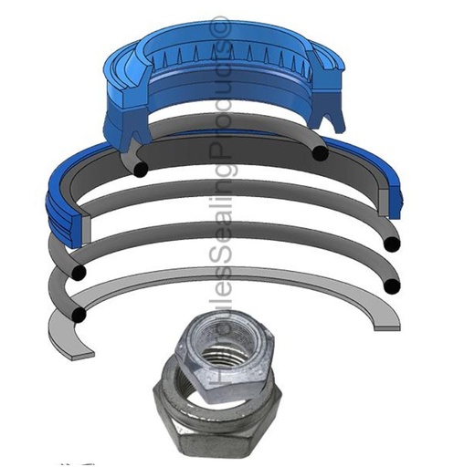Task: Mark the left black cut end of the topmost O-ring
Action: click(140, 169)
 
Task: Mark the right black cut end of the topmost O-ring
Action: click(319, 152)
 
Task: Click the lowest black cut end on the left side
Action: click(80, 316)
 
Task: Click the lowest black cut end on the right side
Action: click(393, 286)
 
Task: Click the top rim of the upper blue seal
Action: click(228, 25)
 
